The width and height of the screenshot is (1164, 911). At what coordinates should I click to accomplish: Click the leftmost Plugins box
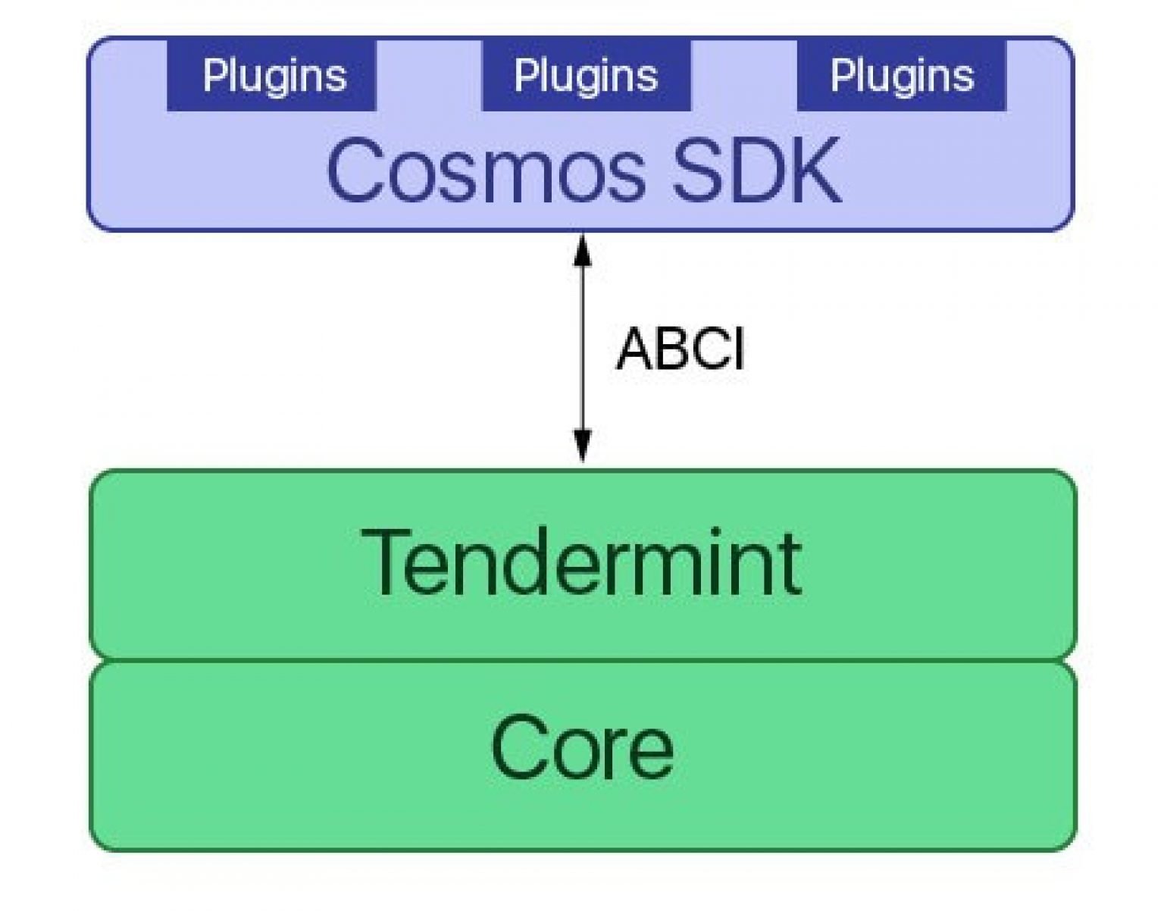[271, 76]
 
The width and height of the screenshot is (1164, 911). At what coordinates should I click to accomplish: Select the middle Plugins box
[586, 76]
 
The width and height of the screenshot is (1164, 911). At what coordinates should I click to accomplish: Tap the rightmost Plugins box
[901, 76]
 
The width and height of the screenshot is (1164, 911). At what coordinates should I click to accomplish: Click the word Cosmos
[486, 171]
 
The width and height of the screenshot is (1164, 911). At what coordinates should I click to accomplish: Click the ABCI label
[680, 349]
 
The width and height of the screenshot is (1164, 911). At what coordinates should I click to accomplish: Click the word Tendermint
[580, 562]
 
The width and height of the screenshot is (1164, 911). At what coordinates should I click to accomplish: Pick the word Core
[582, 748]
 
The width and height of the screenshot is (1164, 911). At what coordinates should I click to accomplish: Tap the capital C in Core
[518, 748]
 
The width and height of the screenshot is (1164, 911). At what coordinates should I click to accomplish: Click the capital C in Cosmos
[356, 171]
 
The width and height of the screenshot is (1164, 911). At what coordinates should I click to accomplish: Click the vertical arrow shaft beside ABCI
[582, 349]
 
